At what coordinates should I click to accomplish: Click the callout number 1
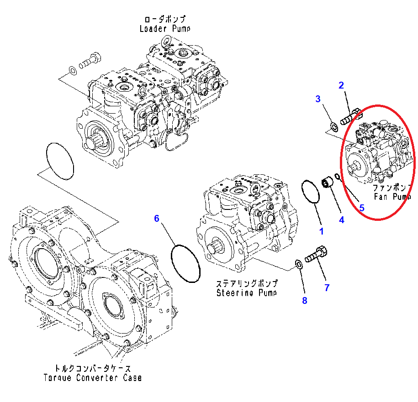[321, 231]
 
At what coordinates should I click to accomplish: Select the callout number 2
[341, 84]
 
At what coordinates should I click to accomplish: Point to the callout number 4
[341, 219]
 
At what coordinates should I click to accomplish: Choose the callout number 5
[361, 208]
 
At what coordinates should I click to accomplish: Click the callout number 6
[156, 219]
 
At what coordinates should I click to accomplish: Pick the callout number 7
[327, 287]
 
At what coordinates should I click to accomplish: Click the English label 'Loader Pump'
[165, 28]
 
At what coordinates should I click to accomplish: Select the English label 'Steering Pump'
[247, 292]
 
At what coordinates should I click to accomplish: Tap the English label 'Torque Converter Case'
[93, 377]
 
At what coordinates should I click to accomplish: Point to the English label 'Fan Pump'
[392, 197]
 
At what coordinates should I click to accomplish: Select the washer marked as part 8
[297, 264]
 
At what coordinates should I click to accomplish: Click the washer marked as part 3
[333, 125]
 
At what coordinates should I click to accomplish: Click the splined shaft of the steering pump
[216, 250]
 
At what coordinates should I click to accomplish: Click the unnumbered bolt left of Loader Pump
[90, 61]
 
